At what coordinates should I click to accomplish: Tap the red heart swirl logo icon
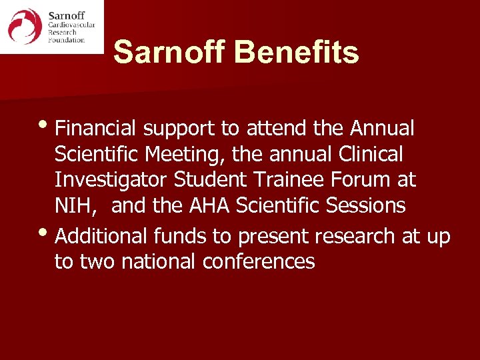[25, 27]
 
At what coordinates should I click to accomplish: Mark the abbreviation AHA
[209, 206]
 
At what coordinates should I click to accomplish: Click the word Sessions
[366, 206]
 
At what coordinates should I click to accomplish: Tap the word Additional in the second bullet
[103, 235]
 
